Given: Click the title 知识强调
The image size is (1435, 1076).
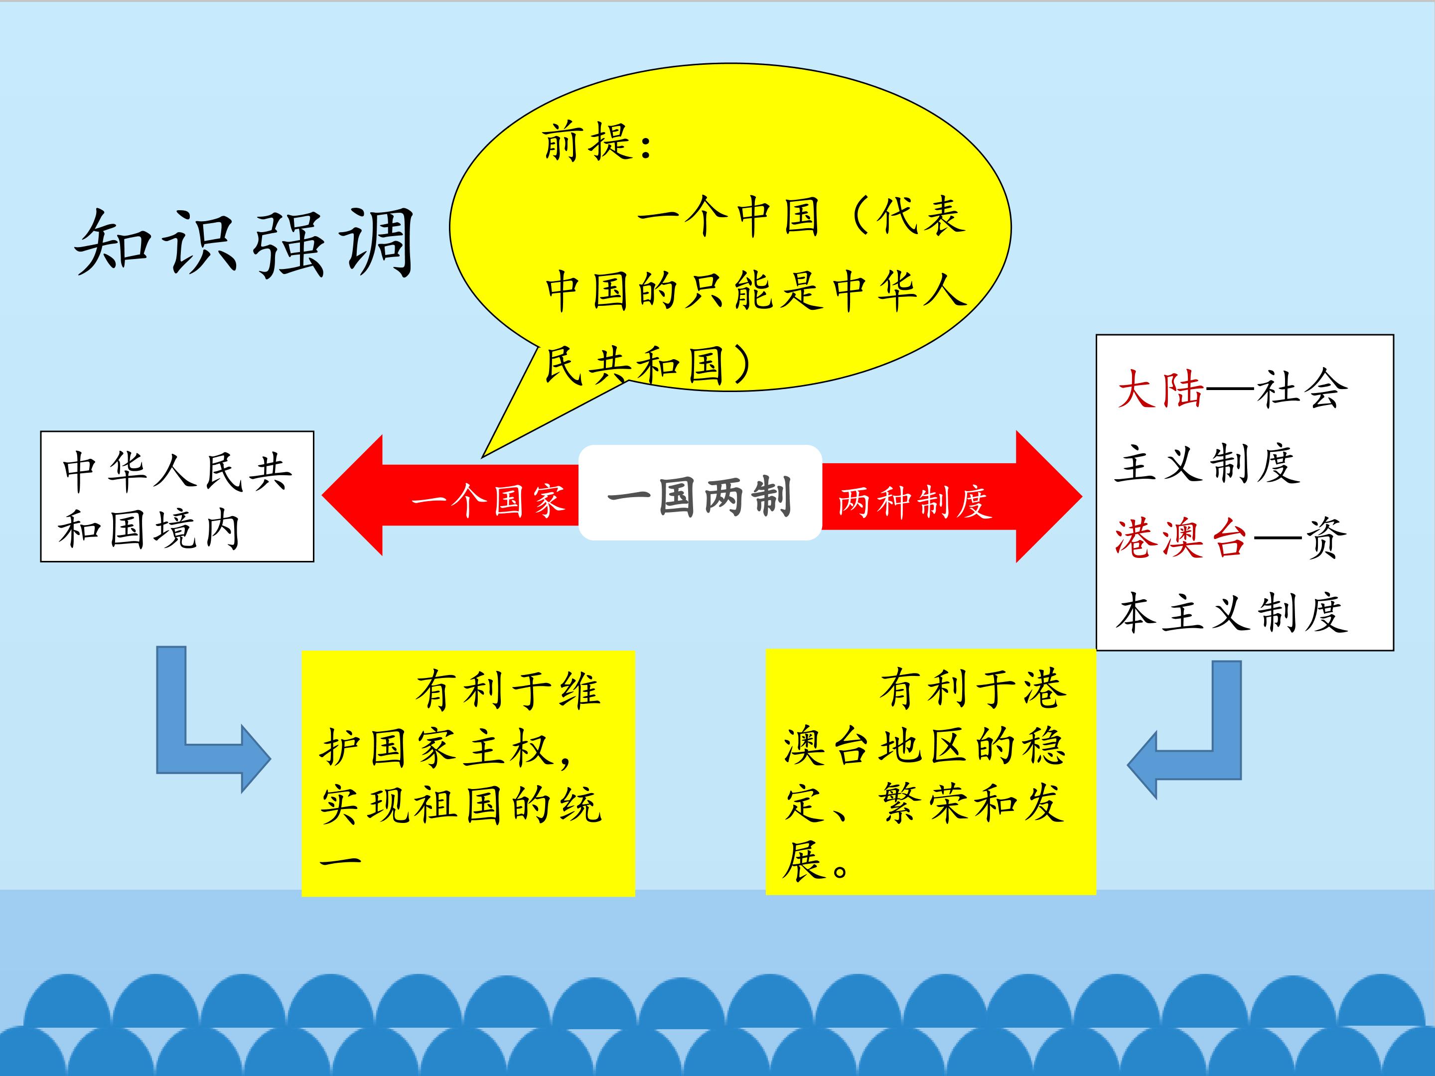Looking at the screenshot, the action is (x=245, y=243).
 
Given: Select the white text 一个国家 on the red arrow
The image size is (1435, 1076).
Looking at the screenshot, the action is (x=488, y=501).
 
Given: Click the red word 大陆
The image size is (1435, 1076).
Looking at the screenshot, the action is (x=1160, y=389).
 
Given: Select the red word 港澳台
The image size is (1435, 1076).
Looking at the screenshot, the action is (x=1181, y=538).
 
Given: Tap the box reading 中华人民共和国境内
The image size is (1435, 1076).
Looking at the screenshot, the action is (x=177, y=496).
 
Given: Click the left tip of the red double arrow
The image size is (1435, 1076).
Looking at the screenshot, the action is (x=323, y=496).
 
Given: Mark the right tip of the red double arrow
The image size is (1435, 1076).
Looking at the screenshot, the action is (x=1081, y=497).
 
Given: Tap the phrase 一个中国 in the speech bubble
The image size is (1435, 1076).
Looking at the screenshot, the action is (x=728, y=216).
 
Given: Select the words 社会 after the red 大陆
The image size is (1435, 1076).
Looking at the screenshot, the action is (x=1302, y=389).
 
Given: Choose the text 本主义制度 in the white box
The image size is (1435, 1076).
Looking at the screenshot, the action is (x=1232, y=612).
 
